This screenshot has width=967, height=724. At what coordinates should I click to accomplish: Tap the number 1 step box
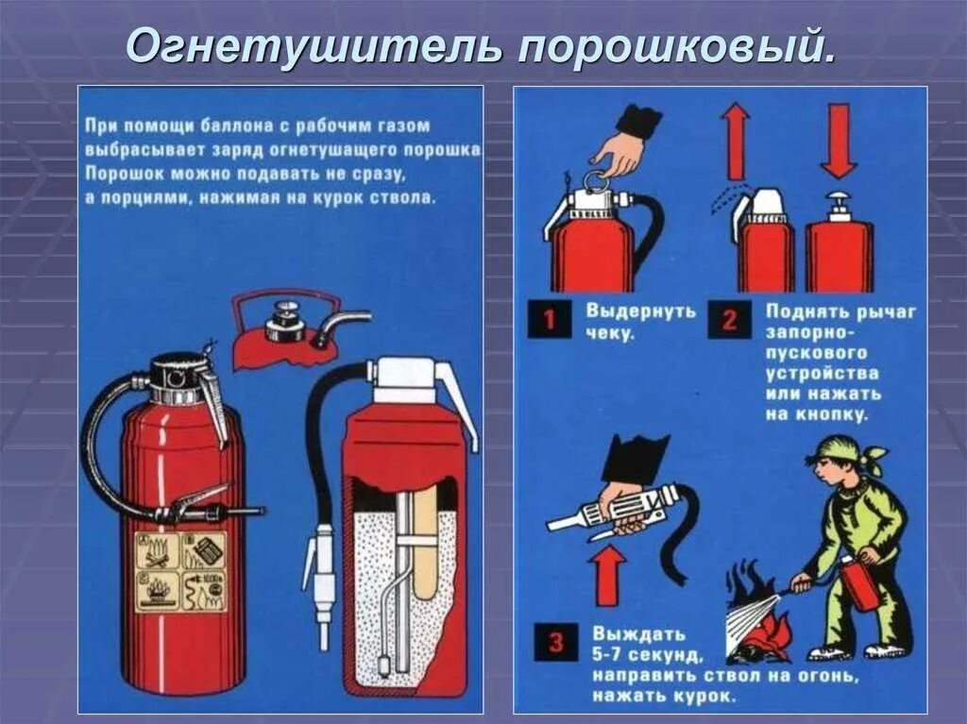(550, 319)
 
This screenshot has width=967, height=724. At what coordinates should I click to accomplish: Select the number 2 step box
(730, 319)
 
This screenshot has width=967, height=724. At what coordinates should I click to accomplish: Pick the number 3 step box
(556, 642)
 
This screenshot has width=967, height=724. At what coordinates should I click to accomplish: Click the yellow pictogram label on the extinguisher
(180, 572)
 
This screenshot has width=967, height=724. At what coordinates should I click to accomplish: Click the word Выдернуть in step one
(641, 311)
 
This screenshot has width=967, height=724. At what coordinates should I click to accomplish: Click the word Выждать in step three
(639, 633)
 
